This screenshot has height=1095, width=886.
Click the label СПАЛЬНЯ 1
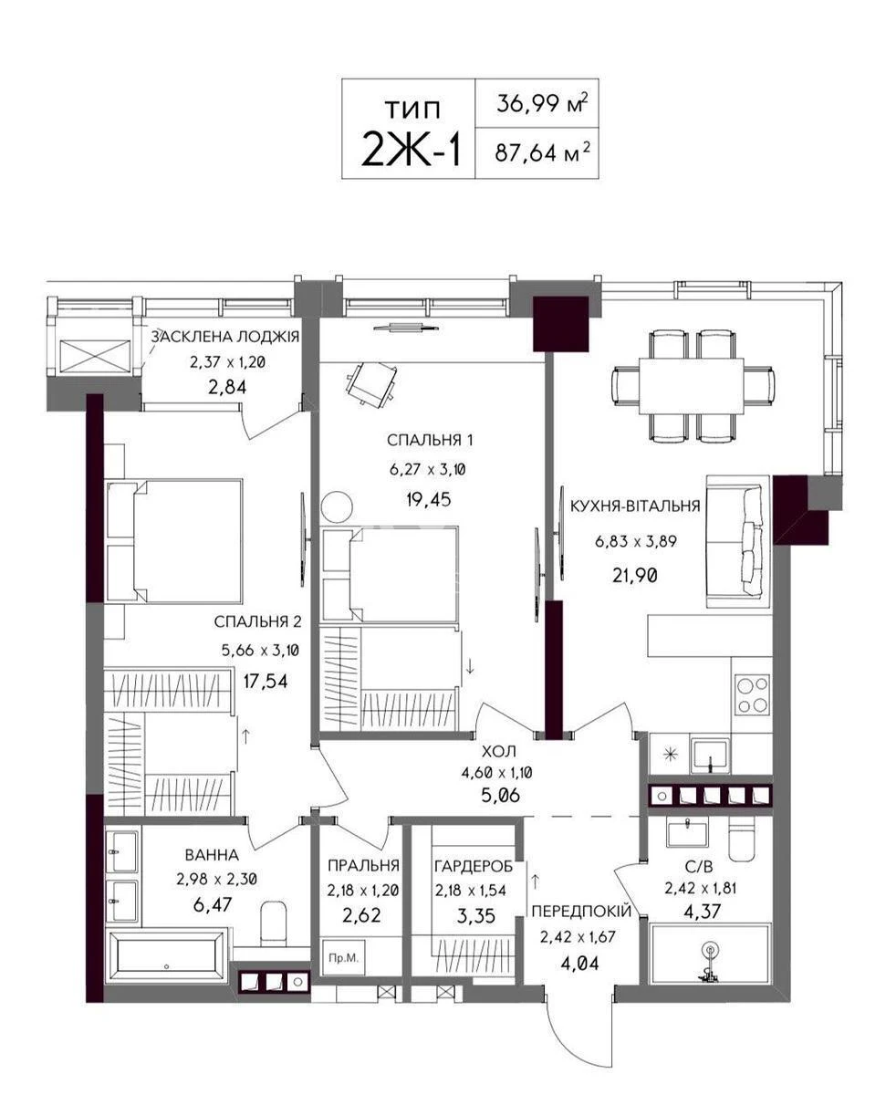430,440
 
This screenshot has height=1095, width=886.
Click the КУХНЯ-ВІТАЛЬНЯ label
634,506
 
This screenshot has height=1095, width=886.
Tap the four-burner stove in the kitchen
754,694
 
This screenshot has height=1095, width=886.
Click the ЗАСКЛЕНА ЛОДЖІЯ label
225,338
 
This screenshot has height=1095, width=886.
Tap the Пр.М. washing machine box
344,958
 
